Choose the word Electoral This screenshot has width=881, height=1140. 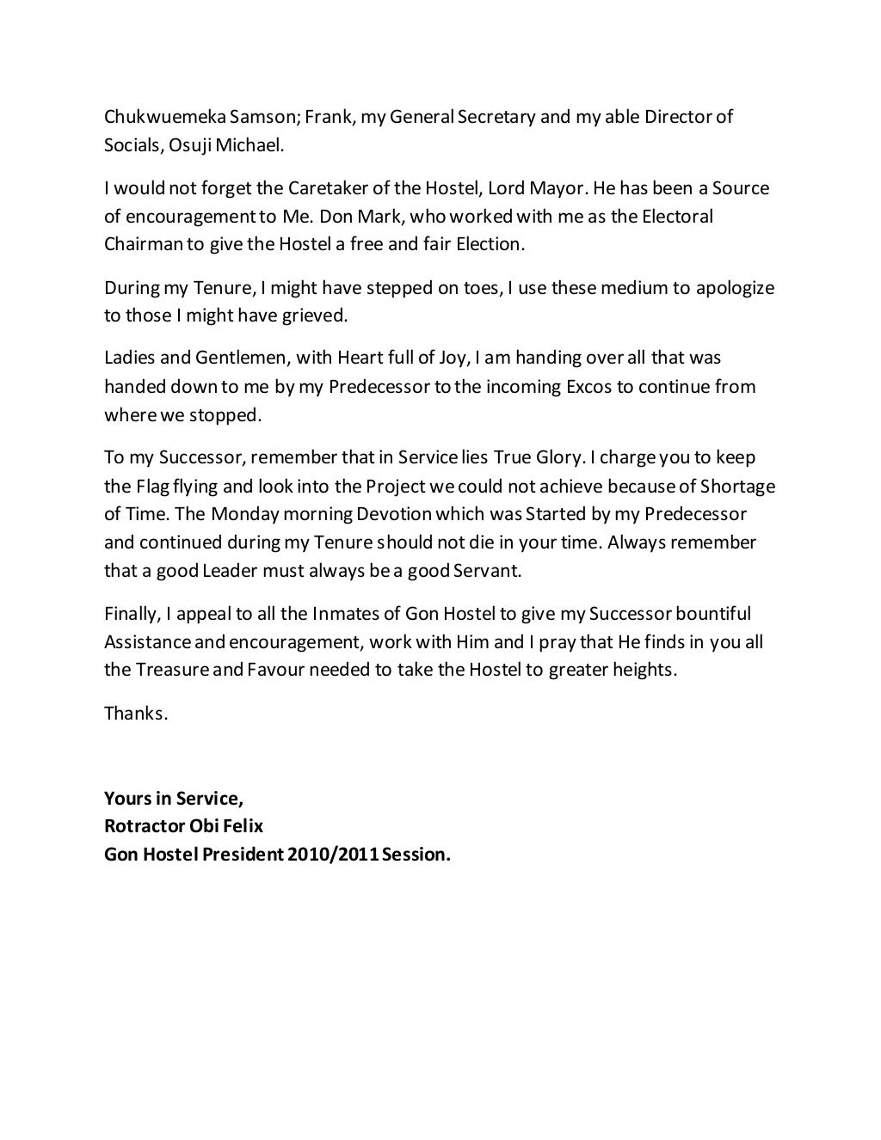point(674,216)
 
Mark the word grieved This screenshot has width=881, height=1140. point(319,316)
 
